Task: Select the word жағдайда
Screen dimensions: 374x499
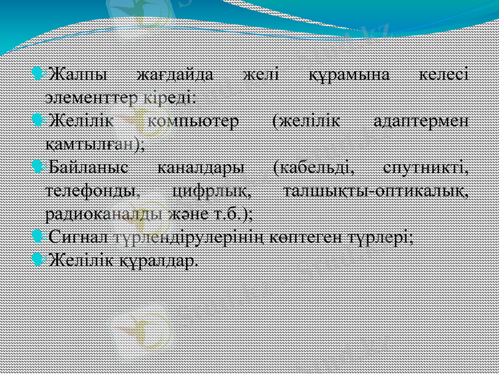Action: click(175, 75)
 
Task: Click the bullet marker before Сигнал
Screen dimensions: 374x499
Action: click(38, 236)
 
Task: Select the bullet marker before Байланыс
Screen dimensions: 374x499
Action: click(38, 166)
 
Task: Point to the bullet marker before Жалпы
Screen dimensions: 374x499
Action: click(38, 75)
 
